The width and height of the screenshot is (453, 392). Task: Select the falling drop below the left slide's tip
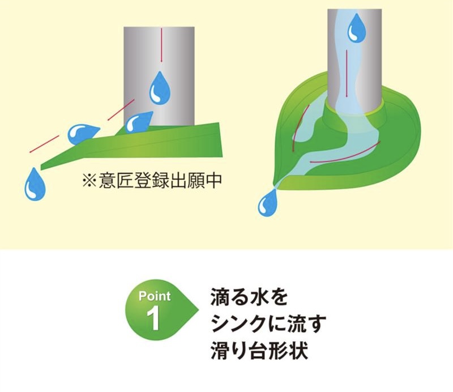pos(34,185)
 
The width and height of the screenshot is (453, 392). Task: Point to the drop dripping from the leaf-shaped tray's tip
pos(268,203)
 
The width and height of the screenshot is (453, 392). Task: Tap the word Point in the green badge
pos(154,296)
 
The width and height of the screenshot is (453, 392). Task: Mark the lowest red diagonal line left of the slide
pos(44,144)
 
